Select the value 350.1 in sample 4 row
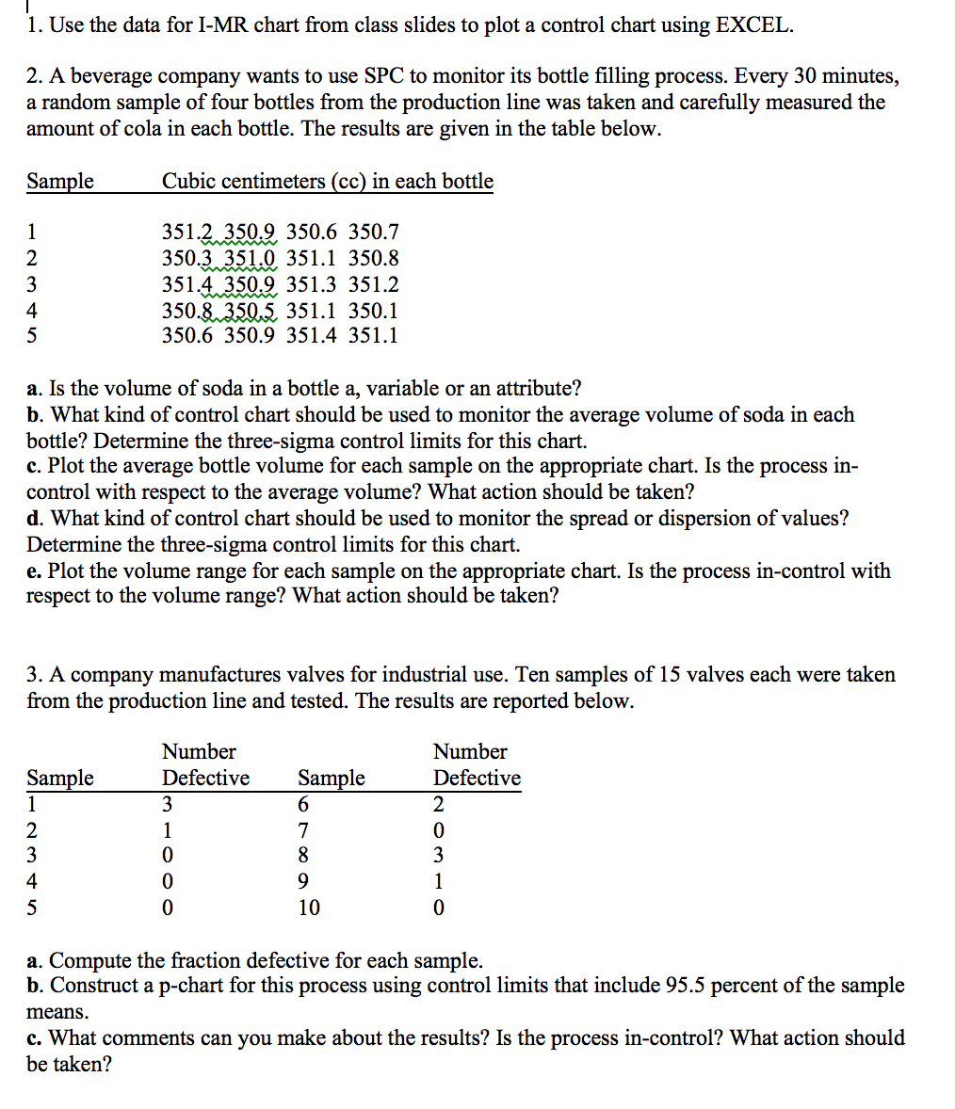click(x=373, y=311)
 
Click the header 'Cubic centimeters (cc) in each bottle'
click(x=327, y=181)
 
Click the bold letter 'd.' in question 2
click(x=36, y=518)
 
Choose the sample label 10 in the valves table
click(x=308, y=908)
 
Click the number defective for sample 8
click(x=438, y=856)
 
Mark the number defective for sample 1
click(x=167, y=804)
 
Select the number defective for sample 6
click(x=438, y=804)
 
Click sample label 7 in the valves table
click(x=302, y=830)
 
